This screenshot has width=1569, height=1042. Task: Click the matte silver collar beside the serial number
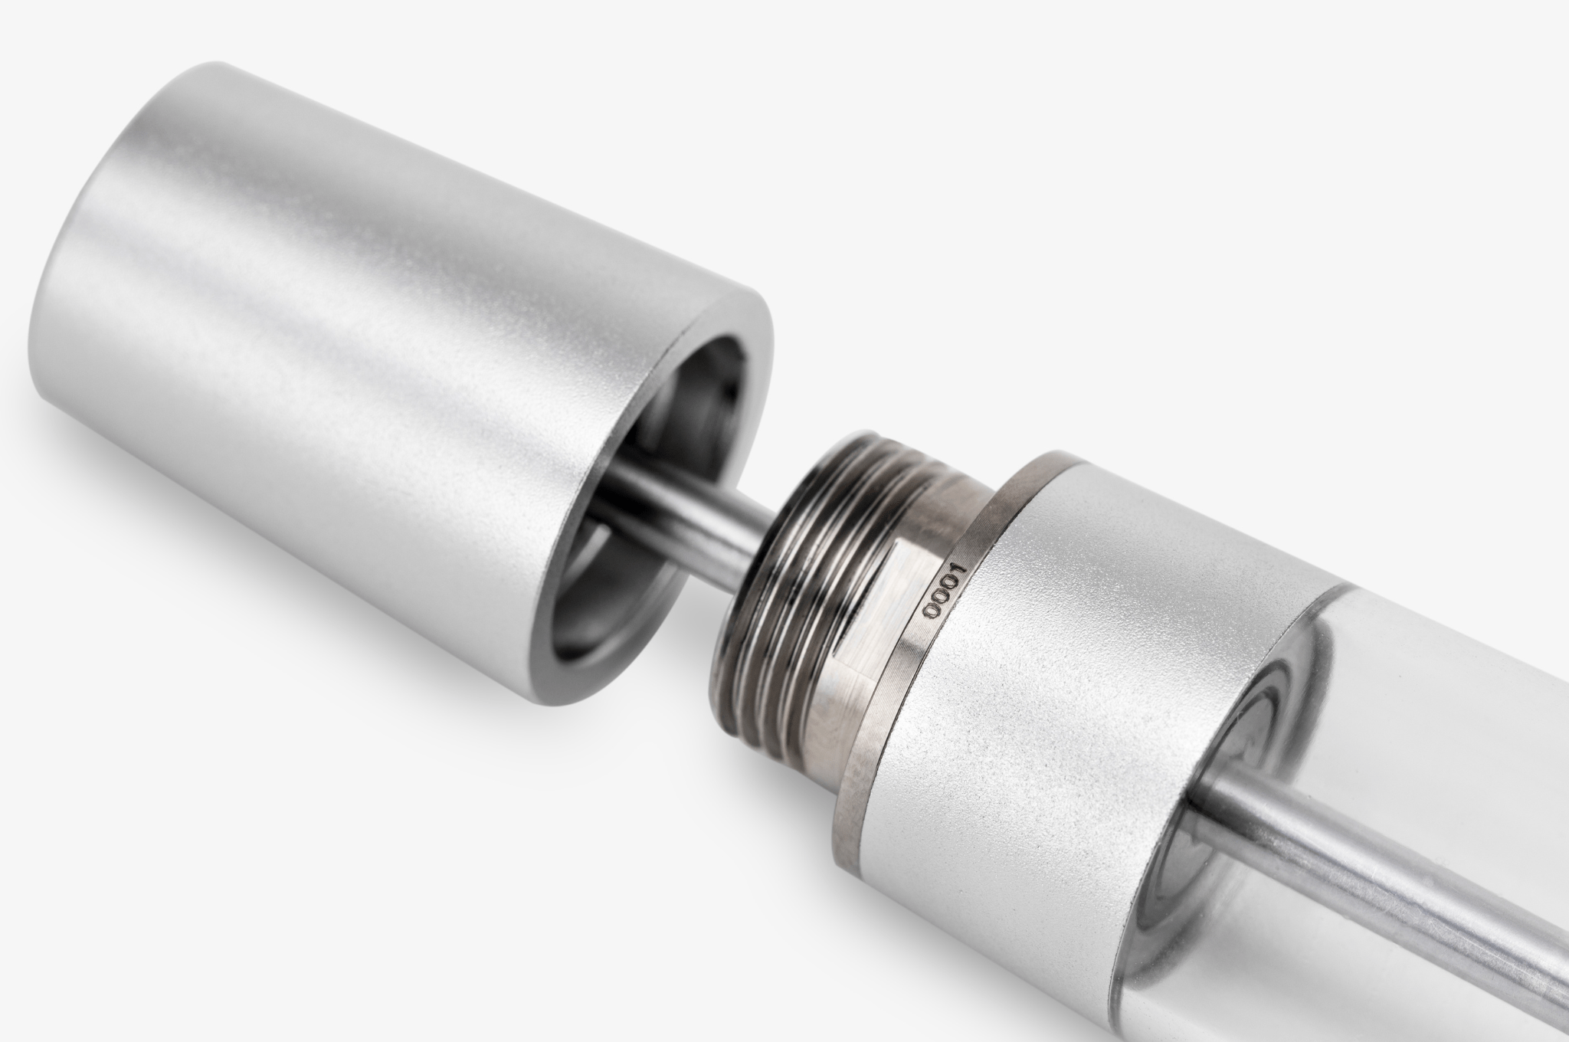coord(1088,674)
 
